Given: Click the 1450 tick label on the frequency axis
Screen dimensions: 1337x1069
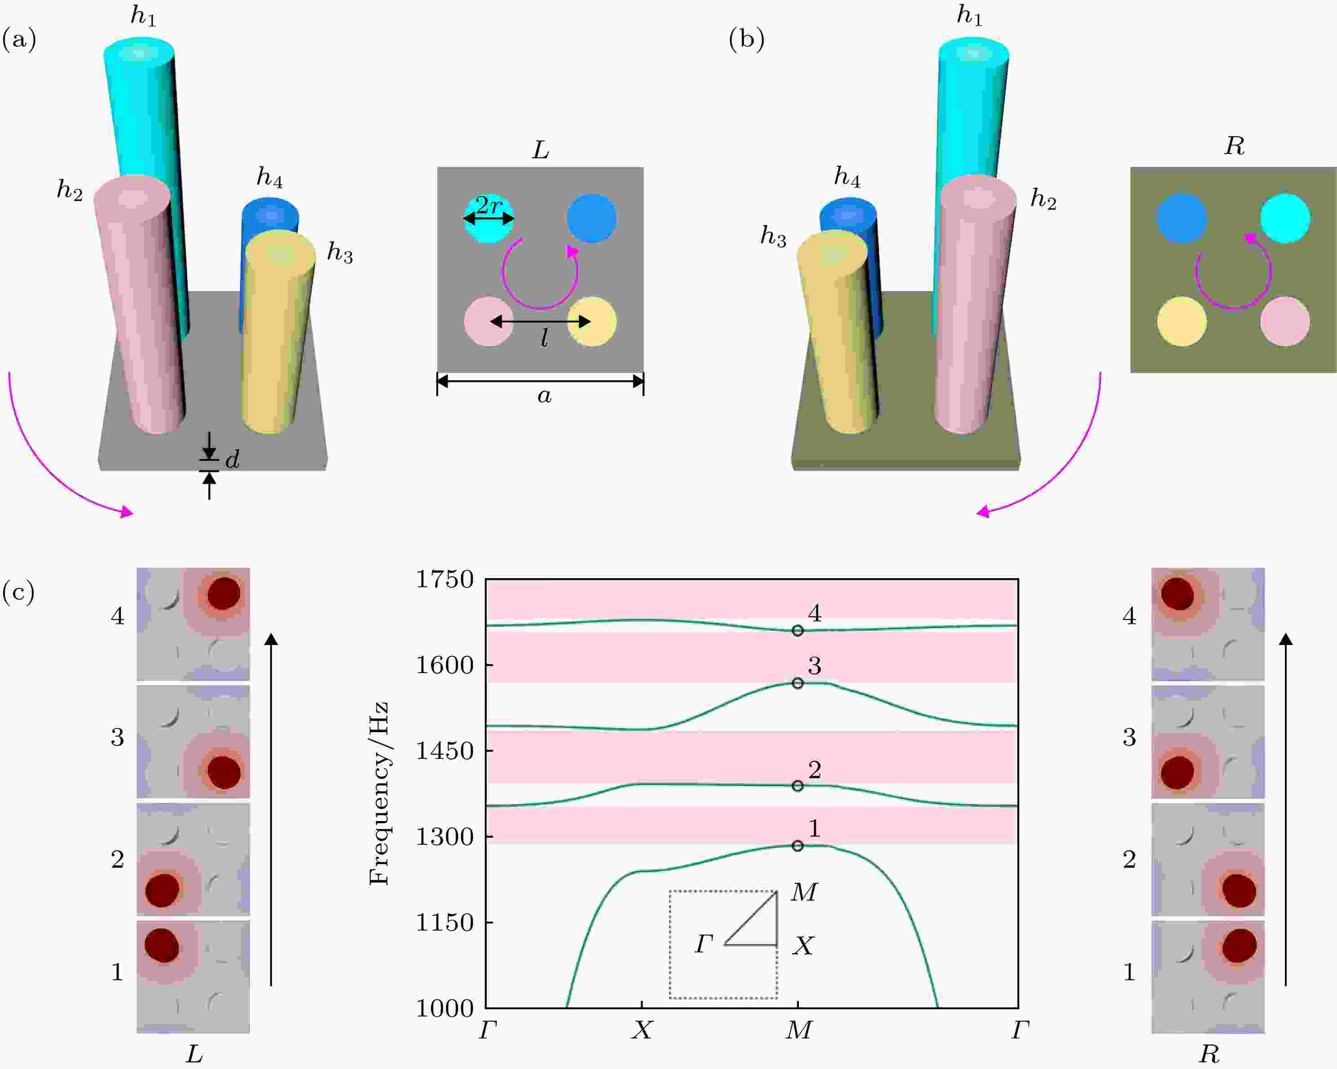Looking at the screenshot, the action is (x=444, y=751).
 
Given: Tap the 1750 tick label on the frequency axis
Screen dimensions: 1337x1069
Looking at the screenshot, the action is (x=444, y=579).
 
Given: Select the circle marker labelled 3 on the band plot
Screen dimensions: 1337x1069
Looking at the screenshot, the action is (x=798, y=683).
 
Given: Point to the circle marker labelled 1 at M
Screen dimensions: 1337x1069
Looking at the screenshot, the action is (x=798, y=846).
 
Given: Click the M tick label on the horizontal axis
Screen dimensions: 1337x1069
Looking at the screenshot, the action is (x=798, y=1030).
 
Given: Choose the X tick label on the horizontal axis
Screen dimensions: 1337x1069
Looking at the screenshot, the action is (x=642, y=1030).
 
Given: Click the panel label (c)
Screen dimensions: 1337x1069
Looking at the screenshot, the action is (x=18, y=592).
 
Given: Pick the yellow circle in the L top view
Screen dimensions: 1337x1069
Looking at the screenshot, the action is (x=592, y=321).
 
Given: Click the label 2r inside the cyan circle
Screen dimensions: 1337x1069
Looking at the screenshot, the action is (x=488, y=205).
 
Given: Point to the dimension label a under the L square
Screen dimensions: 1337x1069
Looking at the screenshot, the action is (x=544, y=395).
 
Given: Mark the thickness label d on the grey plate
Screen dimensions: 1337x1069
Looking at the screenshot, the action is (x=232, y=459).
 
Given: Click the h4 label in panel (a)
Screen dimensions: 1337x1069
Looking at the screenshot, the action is (x=270, y=178).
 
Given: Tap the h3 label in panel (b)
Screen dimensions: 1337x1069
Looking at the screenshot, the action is (x=773, y=237).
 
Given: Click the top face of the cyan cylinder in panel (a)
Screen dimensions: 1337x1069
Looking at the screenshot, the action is (x=139, y=52).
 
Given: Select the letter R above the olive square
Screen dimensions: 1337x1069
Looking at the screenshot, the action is (x=1234, y=146).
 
